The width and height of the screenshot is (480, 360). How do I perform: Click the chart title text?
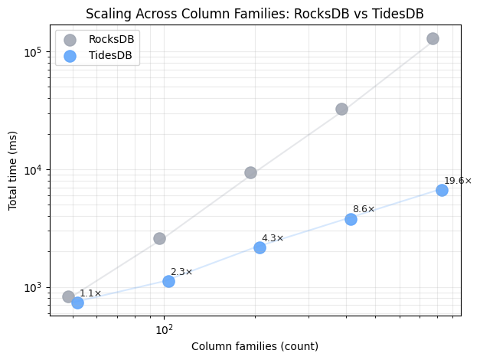pyautogui.click(x=255, y=14)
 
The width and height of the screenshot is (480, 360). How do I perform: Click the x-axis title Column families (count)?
pyautogui.click(x=255, y=346)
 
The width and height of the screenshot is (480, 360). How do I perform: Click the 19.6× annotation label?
pyautogui.click(x=458, y=181)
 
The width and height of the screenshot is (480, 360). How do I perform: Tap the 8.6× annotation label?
pyautogui.click(x=364, y=209)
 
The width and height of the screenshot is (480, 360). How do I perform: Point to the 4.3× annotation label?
pyautogui.click(x=273, y=238)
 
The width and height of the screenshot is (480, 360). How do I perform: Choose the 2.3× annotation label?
pyautogui.click(x=181, y=272)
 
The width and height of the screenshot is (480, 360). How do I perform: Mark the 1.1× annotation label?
pyautogui.click(x=90, y=293)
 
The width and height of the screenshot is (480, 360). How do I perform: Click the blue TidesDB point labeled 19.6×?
pyautogui.click(x=442, y=190)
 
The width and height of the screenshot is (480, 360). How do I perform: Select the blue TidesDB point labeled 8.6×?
pyautogui.click(x=351, y=219)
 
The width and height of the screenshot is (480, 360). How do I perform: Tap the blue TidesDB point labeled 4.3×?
pyautogui.click(x=260, y=247)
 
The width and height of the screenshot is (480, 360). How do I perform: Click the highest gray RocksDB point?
pyautogui.click(x=433, y=38)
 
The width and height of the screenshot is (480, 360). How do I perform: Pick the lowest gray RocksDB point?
pyautogui.click(x=68, y=296)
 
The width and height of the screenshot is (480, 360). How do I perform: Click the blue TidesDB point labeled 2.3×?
pyautogui.click(x=168, y=281)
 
